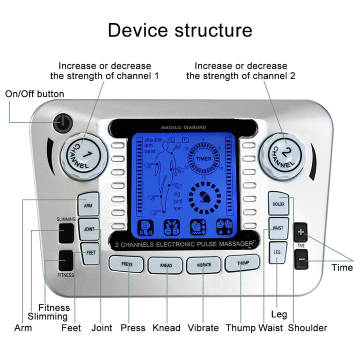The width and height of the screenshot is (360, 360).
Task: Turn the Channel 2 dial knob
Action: pyautogui.click(x=283, y=153)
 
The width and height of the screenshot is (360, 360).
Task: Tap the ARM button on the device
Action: pyautogui.click(x=88, y=204)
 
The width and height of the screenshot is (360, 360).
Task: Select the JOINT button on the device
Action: pyautogui.click(x=89, y=229)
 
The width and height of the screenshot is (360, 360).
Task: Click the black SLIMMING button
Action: pyautogui.click(x=65, y=233)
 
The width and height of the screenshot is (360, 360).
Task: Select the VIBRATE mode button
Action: pyautogui.click(x=203, y=264)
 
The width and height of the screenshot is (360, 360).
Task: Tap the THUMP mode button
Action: pyautogui.click(x=242, y=263)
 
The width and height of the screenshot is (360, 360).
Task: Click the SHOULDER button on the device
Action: pyautogui.click(x=278, y=204)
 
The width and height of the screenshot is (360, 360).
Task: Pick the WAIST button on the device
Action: pyautogui.click(x=278, y=228)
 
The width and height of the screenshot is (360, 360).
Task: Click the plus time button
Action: pyautogui.click(x=301, y=232)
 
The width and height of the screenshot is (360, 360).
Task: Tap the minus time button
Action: pyautogui.click(x=301, y=259)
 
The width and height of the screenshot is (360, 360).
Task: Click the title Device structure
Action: pyautogui.click(x=180, y=30)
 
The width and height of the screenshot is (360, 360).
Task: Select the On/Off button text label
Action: pyautogui.click(x=34, y=94)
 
